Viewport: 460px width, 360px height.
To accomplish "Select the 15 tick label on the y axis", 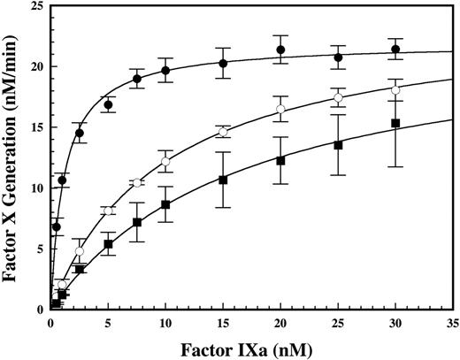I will (x=36, y=128).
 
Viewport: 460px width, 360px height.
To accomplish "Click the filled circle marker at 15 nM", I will (x=223, y=64).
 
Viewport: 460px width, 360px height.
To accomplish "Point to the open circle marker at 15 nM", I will (x=223, y=132).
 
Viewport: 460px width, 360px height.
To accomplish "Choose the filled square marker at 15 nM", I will (x=223, y=180).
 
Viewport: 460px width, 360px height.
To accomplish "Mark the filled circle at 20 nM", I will (x=280, y=50).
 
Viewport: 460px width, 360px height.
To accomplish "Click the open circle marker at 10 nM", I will (x=165, y=161).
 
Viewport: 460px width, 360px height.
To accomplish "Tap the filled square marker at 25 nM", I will (x=338, y=145).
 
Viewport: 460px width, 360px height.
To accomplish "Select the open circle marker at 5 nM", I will (x=108, y=211).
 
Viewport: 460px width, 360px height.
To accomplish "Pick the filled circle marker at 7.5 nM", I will (x=137, y=79).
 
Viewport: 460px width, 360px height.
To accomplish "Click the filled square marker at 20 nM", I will (x=280, y=161).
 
